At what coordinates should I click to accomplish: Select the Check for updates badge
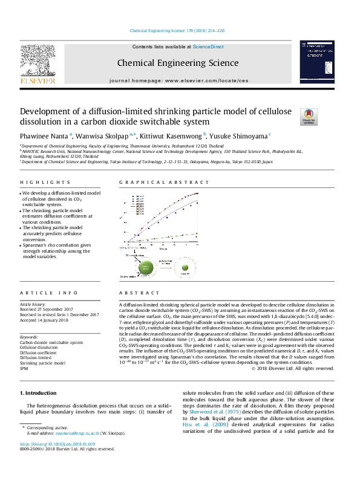click(309, 116)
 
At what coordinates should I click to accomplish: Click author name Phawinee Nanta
click(45, 136)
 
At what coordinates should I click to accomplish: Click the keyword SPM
click(24, 368)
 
